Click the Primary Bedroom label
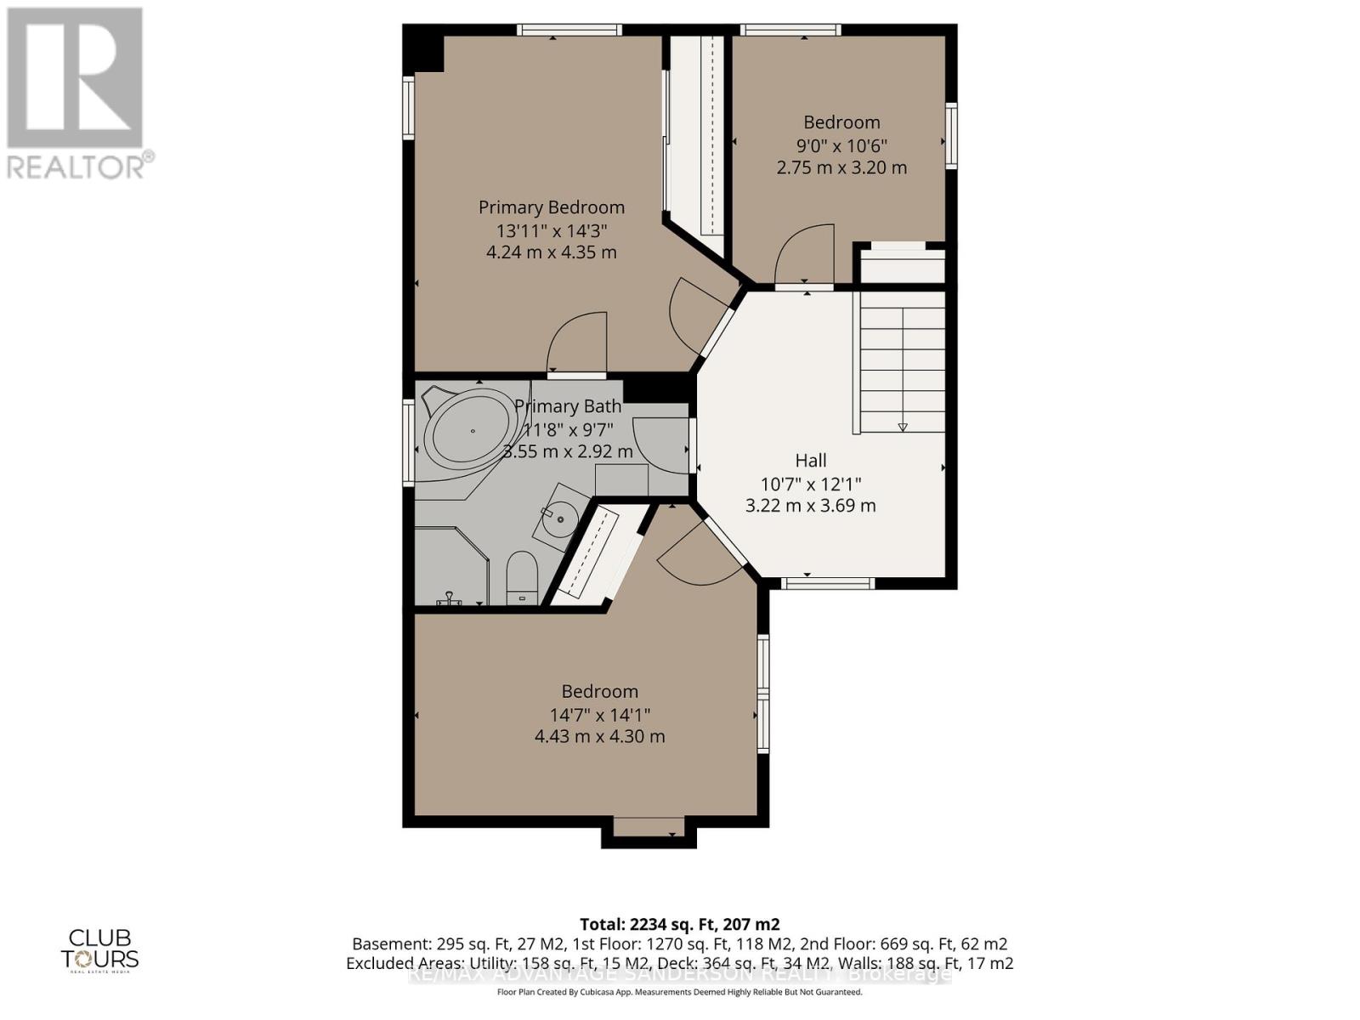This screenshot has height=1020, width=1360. (551, 207)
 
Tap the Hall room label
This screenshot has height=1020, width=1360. (810, 461)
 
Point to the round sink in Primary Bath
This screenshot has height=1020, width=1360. (561, 513)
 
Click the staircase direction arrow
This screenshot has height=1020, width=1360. (902, 427)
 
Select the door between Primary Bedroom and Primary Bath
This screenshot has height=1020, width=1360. (578, 344)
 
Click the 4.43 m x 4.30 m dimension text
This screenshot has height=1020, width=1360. (599, 737)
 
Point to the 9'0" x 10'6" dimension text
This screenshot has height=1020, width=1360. (841, 145)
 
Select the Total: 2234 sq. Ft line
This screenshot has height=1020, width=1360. (679, 924)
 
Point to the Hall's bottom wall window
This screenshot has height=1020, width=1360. (827, 583)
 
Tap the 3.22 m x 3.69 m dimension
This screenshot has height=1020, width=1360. (810, 506)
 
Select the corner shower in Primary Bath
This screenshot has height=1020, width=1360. (449, 565)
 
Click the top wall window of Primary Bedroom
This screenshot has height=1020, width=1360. (569, 31)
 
